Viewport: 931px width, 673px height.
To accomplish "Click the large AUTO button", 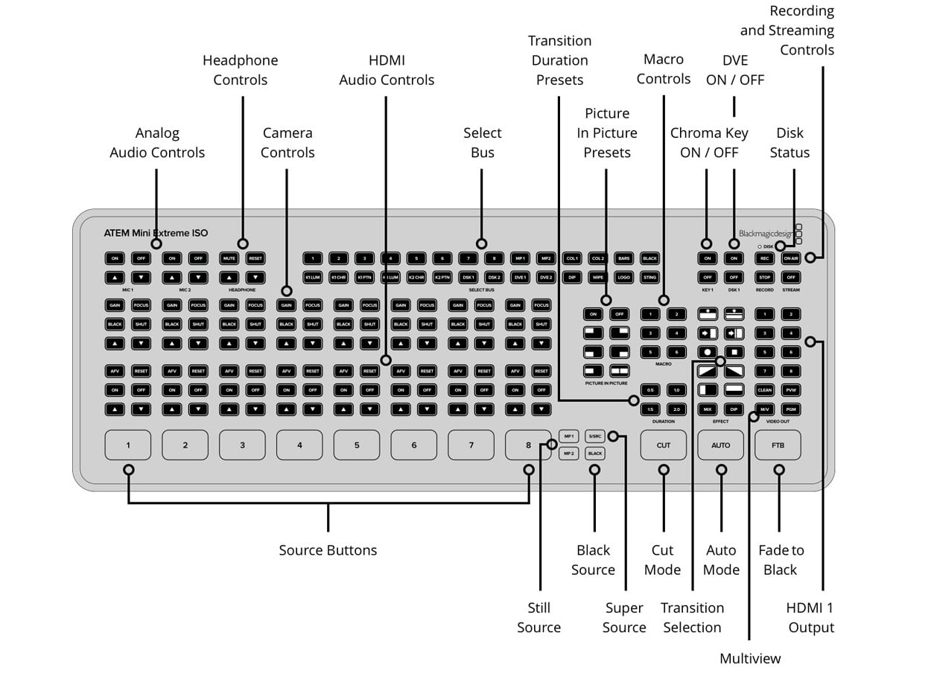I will click(x=720, y=445).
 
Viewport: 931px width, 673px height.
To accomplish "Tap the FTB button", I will click(x=778, y=445).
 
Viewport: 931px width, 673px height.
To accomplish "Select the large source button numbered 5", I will click(x=357, y=445).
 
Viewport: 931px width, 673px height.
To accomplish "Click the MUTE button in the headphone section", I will click(x=229, y=258).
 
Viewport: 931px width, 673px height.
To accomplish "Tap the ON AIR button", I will click(x=791, y=258).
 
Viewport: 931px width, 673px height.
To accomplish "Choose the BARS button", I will click(x=623, y=258).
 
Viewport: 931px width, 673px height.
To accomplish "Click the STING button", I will click(x=649, y=277).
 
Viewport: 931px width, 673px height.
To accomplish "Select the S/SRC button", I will click(x=594, y=436).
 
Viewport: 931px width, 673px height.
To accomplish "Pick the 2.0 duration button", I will click(x=676, y=409).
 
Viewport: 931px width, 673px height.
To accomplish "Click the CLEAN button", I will click(x=765, y=390).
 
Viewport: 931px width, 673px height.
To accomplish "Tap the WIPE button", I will click(x=598, y=277).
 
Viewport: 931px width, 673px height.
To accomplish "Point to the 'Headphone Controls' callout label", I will click(x=240, y=70).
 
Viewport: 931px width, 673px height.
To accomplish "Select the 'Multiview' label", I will click(x=750, y=658).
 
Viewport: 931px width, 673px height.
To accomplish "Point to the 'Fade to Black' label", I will click(x=781, y=560).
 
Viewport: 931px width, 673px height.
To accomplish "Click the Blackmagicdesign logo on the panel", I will click(x=766, y=233).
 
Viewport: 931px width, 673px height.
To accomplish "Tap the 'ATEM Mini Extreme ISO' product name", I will click(x=156, y=233).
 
